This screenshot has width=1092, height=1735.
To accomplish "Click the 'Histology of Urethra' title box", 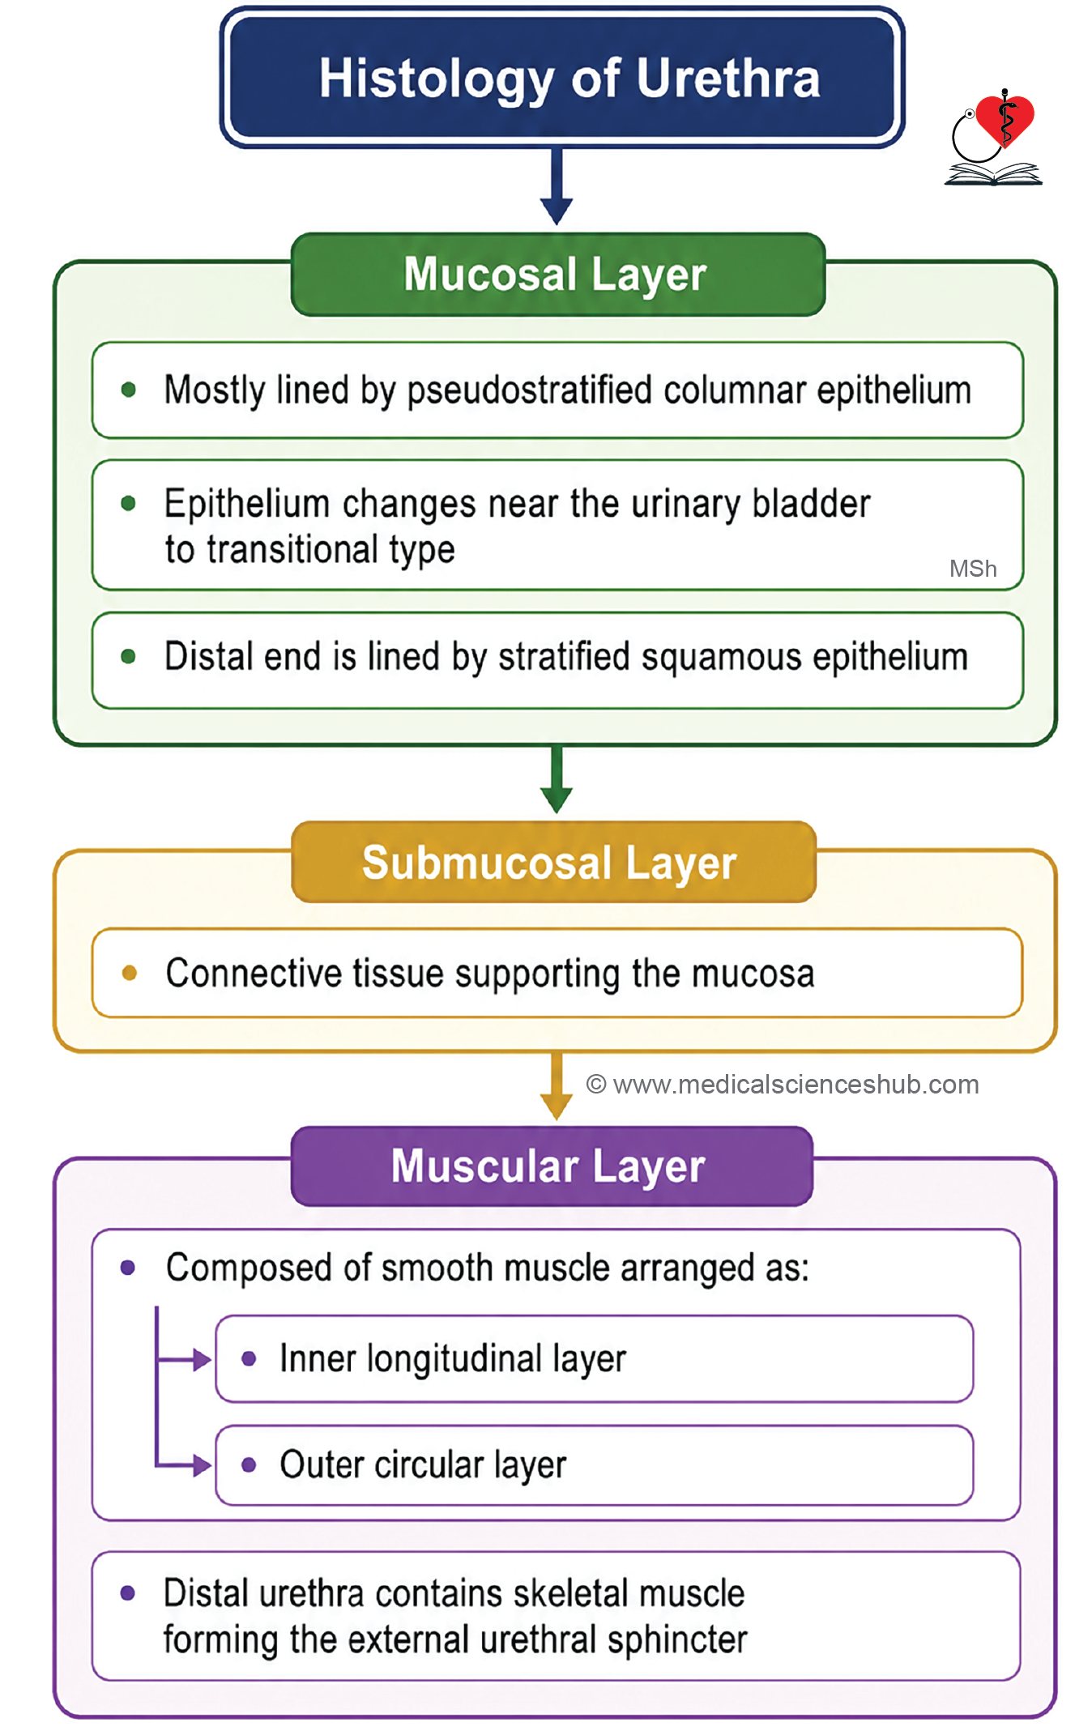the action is point(561,78).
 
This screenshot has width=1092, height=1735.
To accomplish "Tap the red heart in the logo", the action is point(1005,120).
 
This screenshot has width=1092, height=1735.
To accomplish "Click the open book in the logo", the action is point(993,173).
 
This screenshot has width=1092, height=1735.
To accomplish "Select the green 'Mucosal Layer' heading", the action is point(557,275).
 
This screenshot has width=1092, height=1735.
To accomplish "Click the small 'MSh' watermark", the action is point(973,569).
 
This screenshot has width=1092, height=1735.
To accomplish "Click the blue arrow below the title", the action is point(557,186).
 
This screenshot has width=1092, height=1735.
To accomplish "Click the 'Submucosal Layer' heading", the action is point(553,863).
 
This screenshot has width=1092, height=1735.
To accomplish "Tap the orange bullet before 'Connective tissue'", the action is point(129,972).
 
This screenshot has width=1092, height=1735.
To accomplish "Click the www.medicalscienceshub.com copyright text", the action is point(783,1085).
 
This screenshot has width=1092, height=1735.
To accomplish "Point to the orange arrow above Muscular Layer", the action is point(557,1086).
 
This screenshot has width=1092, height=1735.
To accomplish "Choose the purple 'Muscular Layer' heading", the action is point(552,1166).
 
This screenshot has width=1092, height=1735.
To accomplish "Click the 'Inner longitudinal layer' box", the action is point(594,1358).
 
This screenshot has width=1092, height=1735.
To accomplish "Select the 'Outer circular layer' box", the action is point(594,1464).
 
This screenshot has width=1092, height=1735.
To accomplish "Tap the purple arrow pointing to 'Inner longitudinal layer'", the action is point(184,1359).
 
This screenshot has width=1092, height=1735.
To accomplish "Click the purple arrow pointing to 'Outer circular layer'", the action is point(184,1464).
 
